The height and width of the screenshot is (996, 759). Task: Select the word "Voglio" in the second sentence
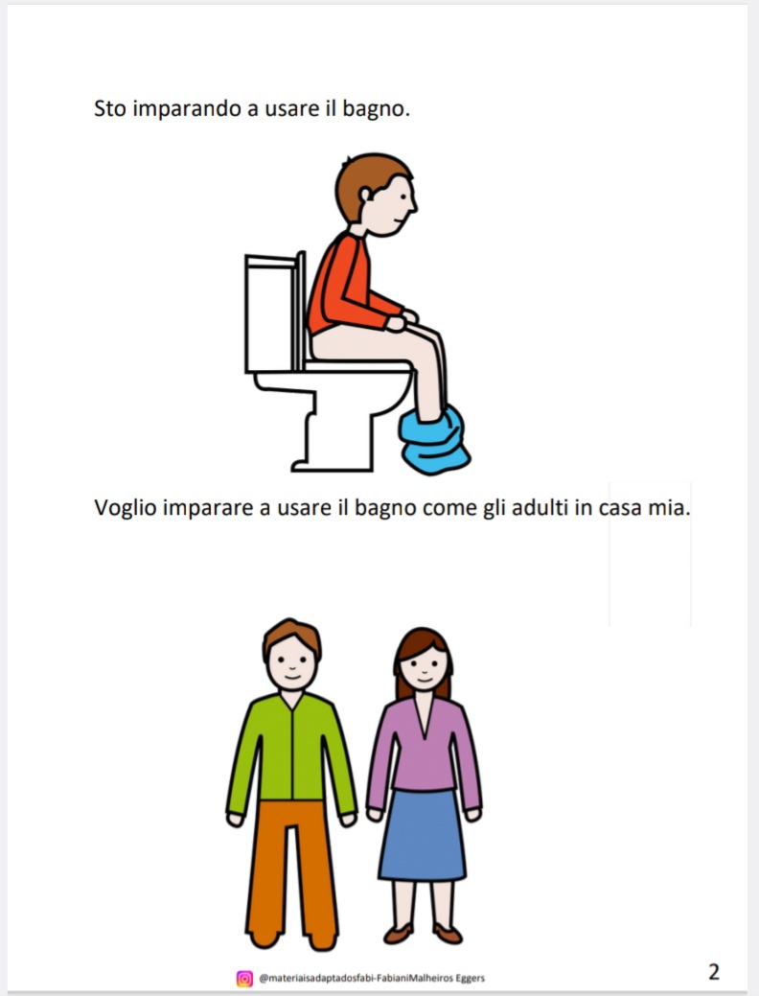click(126, 507)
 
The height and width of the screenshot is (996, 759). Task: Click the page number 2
click(713, 971)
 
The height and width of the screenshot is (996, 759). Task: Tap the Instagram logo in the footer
click(244, 978)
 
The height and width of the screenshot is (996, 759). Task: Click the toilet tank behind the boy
click(271, 313)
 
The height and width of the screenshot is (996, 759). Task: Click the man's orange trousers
click(291, 868)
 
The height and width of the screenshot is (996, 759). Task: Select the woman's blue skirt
click(422, 834)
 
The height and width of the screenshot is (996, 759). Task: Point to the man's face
click(291, 661)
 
